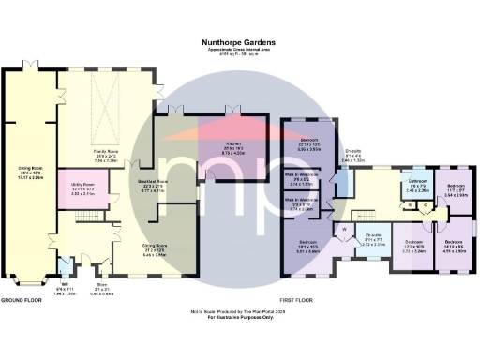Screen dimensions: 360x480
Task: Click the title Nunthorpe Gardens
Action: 240,42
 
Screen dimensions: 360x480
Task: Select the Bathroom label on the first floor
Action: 416,183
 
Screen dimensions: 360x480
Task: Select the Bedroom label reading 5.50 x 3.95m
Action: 308,146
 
